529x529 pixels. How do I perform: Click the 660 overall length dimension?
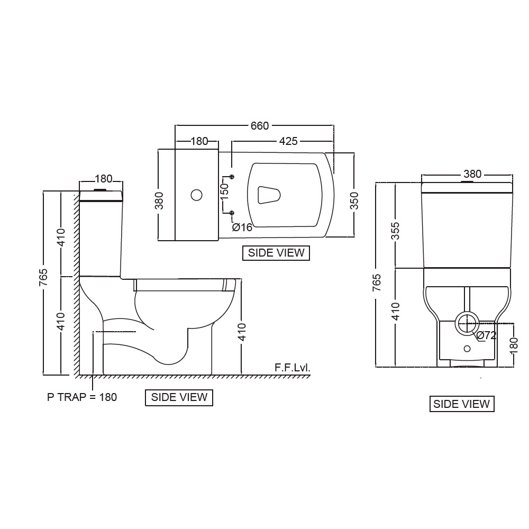pos(259,126)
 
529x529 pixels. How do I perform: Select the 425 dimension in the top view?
pos(288,141)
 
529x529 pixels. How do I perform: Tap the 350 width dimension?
pos(354,200)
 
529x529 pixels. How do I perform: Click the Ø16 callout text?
pos(242,227)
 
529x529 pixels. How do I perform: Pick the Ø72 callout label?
pos(486,335)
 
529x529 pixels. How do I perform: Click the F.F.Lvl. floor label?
pos(292,368)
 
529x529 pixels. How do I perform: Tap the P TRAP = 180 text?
pos(82,397)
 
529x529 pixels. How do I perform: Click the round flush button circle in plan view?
pos(196,195)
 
